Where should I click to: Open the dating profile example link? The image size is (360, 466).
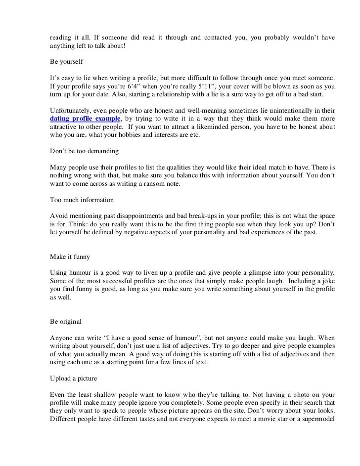(85, 119)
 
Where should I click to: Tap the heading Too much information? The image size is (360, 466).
(82, 200)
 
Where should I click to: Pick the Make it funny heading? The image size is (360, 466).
(70, 256)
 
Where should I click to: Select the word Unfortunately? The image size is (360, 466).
(73, 111)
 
